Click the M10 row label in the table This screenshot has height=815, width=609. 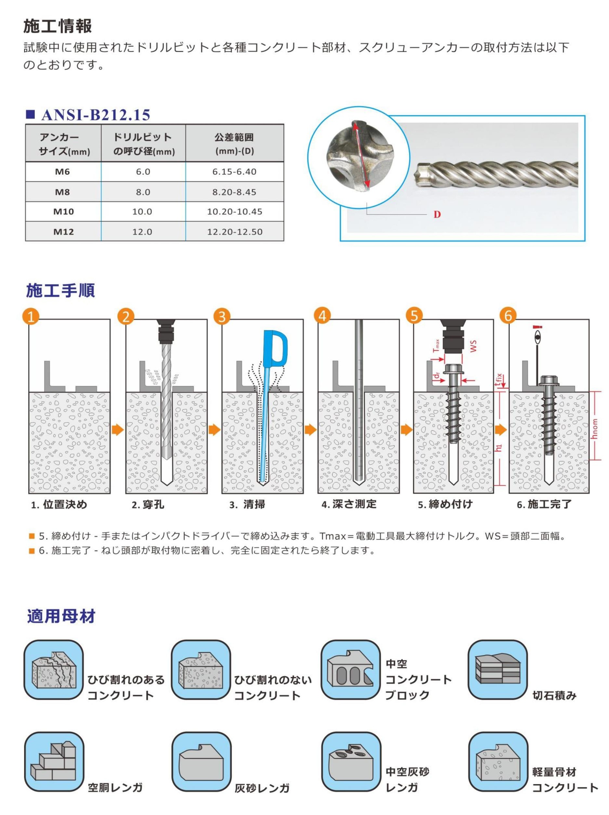pyautogui.click(x=63, y=212)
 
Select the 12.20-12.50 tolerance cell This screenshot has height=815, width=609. pyautogui.click(x=235, y=232)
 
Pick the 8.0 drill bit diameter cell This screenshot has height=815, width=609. pyautogui.click(x=143, y=192)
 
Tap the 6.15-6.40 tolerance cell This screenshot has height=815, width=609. pyautogui.click(x=234, y=172)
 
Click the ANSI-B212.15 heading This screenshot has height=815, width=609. pyautogui.click(x=96, y=115)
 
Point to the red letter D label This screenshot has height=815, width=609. pyautogui.click(x=437, y=214)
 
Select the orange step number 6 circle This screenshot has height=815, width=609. pyautogui.click(x=508, y=316)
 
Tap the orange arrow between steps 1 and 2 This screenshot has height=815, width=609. pyautogui.click(x=117, y=430)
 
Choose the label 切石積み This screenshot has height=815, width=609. pyautogui.click(x=554, y=696)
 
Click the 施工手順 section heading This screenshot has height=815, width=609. pyautogui.click(x=61, y=290)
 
